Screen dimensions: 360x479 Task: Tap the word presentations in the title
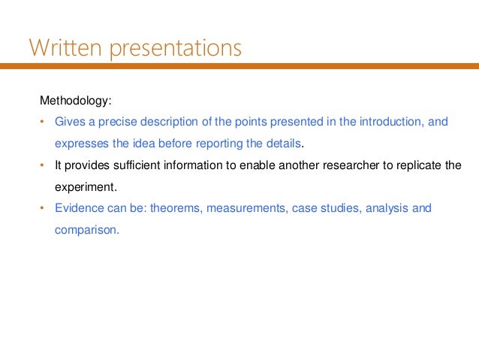pos(177,50)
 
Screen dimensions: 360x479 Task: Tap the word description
pos(173,122)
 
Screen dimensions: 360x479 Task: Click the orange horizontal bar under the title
pos(239,66)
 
